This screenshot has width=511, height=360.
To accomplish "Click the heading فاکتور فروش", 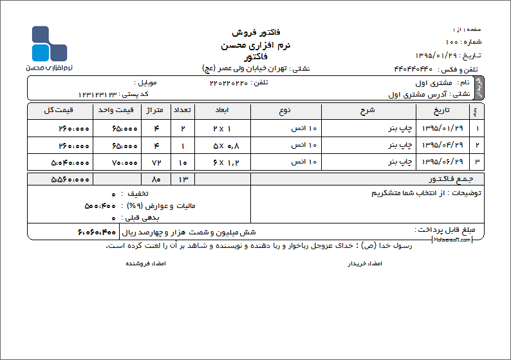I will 255,32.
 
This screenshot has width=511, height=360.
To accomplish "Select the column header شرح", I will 367,110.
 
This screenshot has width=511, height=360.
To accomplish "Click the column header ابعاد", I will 222,110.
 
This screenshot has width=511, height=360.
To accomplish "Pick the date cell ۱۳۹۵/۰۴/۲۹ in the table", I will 442,146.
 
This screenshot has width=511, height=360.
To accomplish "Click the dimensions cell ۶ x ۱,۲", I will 221,162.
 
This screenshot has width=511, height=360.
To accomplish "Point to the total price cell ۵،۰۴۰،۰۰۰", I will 70,162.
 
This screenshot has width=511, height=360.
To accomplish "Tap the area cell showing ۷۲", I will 156,162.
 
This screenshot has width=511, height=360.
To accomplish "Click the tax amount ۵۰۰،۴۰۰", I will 100,206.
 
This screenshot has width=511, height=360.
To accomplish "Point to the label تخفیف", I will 136,193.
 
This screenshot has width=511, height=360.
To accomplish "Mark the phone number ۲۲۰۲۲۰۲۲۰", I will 228,82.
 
